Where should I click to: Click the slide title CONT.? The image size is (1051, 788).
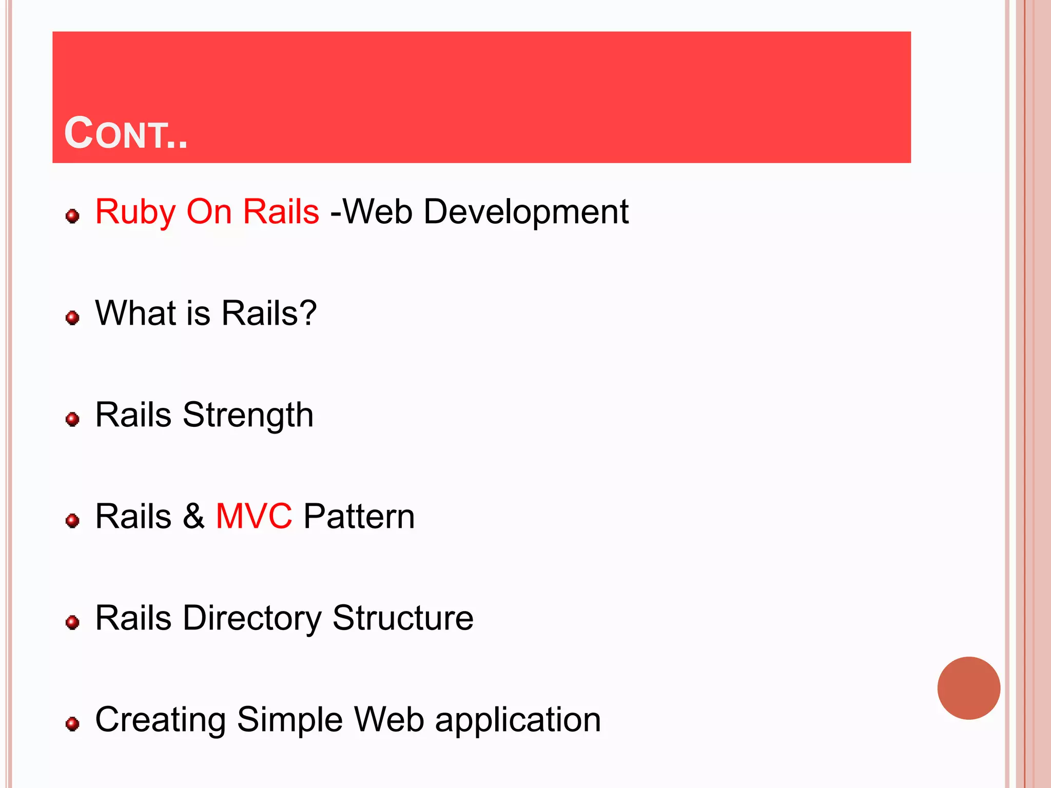pyautogui.click(x=126, y=133)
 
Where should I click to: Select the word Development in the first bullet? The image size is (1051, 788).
pyautogui.click(x=526, y=211)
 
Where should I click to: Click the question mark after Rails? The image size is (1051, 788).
pyautogui.click(x=307, y=313)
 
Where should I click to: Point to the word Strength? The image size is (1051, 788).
pyautogui.click(x=248, y=416)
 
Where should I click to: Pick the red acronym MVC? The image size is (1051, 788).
pyautogui.click(x=254, y=516)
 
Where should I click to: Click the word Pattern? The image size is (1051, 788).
pyautogui.click(x=359, y=516)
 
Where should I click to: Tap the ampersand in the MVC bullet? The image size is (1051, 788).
pyautogui.click(x=193, y=516)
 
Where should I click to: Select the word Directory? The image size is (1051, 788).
pyautogui.click(x=251, y=619)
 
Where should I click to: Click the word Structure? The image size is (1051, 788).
pyautogui.click(x=403, y=618)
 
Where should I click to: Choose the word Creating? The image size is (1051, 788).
pyautogui.click(x=160, y=720)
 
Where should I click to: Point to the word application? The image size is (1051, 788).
pyautogui.click(x=518, y=720)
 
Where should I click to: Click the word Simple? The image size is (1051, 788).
pyautogui.click(x=289, y=720)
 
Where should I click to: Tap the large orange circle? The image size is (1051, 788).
pyautogui.click(x=968, y=688)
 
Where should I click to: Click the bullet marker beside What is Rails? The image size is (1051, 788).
pyautogui.click(x=73, y=318)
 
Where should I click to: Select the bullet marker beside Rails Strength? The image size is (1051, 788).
pyautogui.click(x=73, y=419)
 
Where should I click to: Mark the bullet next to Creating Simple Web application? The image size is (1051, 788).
pyautogui.click(x=73, y=724)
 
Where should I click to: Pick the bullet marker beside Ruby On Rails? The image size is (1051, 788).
pyautogui.click(x=73, y=216)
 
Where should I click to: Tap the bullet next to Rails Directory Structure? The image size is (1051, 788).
pyautogui.click(x=73, y=622)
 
